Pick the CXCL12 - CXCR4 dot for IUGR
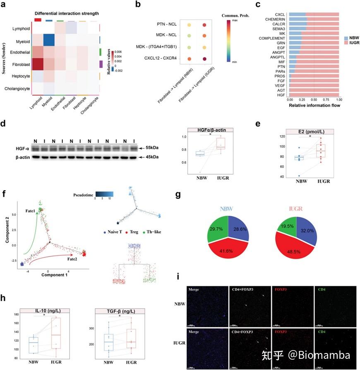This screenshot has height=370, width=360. [x=204, y=59]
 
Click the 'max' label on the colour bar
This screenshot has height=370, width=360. [x=233, y=20]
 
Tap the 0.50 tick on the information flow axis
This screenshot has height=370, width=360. [x=314, y=100]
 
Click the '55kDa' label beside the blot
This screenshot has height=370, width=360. [x=156, y=147]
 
